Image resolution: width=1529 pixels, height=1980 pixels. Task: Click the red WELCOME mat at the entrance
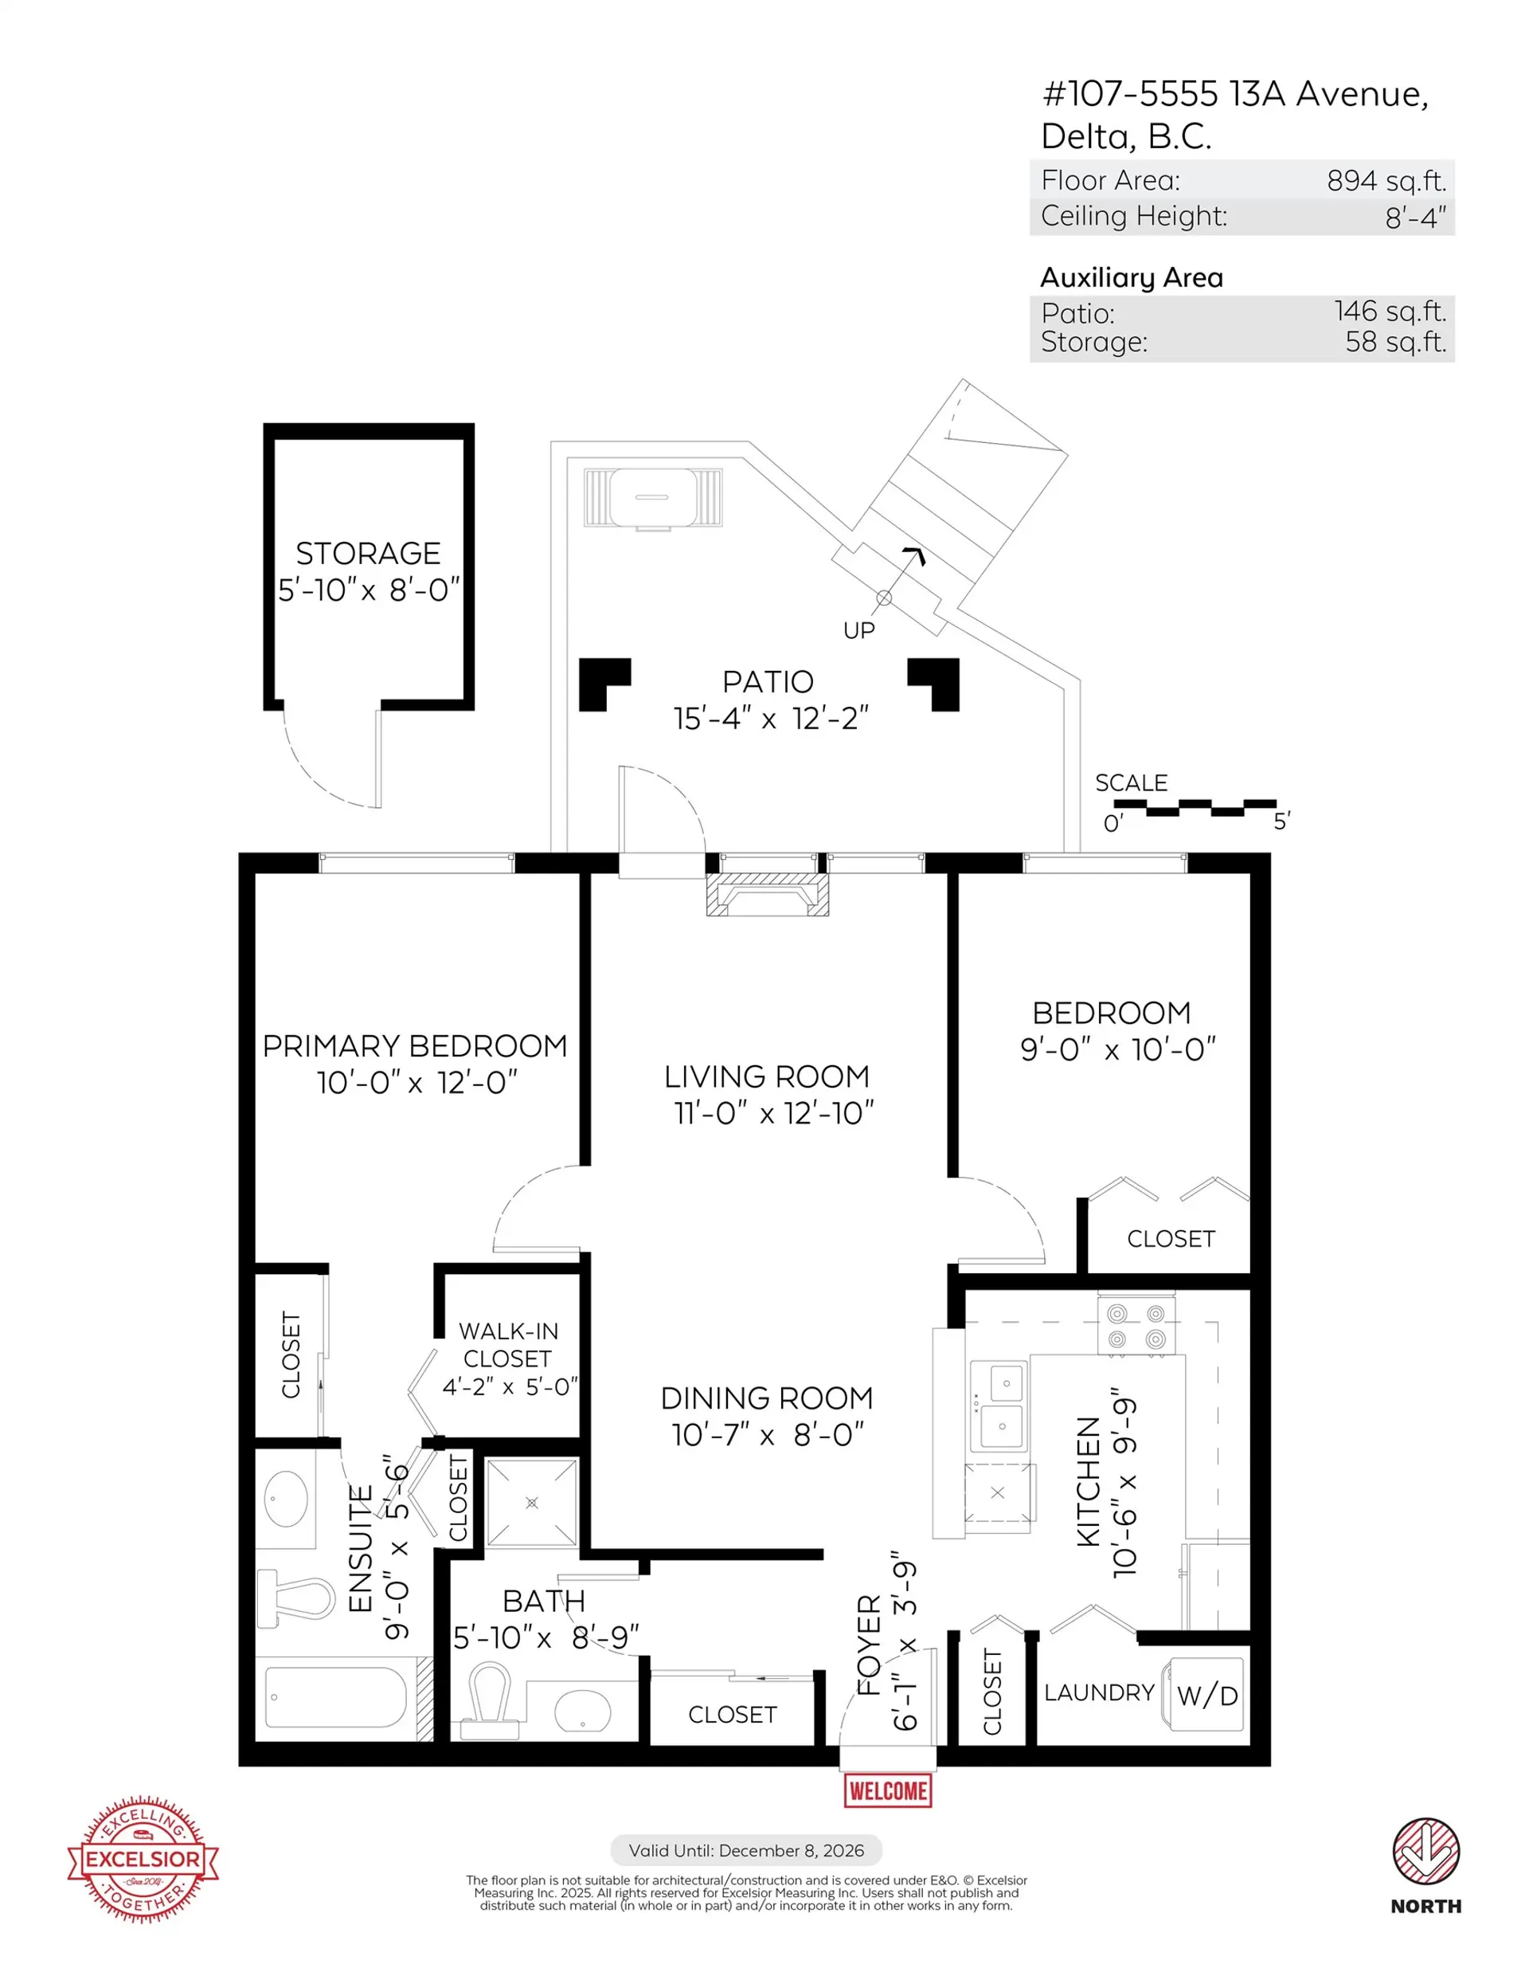pyautogui.click(x=887, y=1790)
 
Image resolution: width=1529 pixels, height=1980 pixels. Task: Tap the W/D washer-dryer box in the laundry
pyautogui.click(x=1206, y=1695)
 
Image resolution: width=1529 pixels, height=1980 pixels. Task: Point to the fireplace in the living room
pyautogui.click(x=767, y=895)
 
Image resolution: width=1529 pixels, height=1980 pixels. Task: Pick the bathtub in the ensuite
pyautogui.click(x=335, y=1697)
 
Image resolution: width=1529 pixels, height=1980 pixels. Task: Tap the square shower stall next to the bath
pyautogui.click(x=531, y=1502)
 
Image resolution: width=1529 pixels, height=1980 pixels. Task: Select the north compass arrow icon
pyautogui.click(x=1425, y=1850)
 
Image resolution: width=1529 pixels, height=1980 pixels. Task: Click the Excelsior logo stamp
pyautogui.click(x=143, y=1859)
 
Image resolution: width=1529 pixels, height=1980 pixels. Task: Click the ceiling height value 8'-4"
pyautogui.click(x=1415, y=218)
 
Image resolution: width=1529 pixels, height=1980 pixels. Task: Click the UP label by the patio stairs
pyautogui.click(x=858, y=630)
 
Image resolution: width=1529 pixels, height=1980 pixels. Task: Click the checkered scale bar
pyautogui.click(x=1210, y=807)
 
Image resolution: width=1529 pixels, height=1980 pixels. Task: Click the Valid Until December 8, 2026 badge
pyautogui.click(x=745, y=1850)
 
